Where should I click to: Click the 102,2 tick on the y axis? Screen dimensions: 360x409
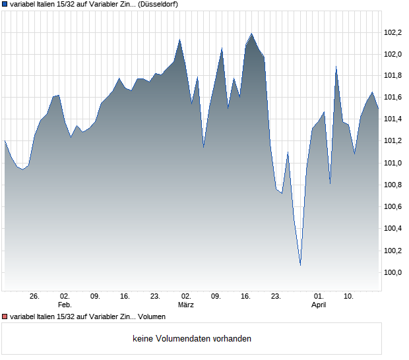tap(393, 32)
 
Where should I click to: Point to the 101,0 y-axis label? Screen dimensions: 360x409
tap(393, 163)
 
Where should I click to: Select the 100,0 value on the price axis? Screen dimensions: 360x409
tap(393, 272)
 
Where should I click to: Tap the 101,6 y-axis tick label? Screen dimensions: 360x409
tap(393, 98)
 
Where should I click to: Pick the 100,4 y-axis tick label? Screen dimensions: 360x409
tap(393, 229)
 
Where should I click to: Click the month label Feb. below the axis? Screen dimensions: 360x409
tap(65, 305)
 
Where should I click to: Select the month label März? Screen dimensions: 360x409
tap(186, 305)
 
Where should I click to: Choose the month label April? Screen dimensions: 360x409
tap(319, 305)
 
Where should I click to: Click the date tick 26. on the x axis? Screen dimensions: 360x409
tap(34, 297)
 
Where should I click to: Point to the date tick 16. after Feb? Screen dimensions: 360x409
tap(125, 297)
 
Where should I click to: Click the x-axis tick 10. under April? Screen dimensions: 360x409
tap(349, 297)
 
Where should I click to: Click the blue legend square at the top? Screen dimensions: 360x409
tap(5, 4)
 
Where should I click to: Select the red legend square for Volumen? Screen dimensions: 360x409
tap(5, 317)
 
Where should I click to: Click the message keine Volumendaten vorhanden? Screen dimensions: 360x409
tap(192, 338)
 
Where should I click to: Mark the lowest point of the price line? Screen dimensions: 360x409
tap(300, 265)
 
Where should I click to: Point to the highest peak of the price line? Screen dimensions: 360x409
tap(251, 33)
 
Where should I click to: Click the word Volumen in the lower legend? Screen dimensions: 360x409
tap(152, 317)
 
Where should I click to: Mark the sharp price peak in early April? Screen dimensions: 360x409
tap(336, 67)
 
